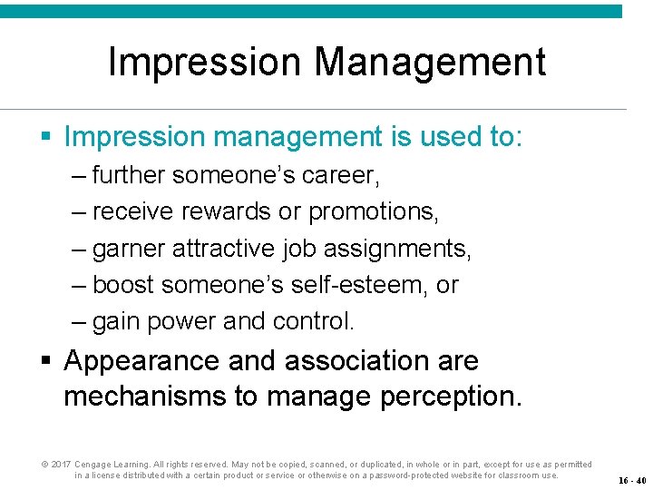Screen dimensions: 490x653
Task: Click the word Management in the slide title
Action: click(430, 63)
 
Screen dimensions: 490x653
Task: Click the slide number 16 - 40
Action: click(632, 480)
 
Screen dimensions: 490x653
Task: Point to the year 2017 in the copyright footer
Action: click(61, 465)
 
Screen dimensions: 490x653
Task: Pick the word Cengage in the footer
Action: click(94, 465)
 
